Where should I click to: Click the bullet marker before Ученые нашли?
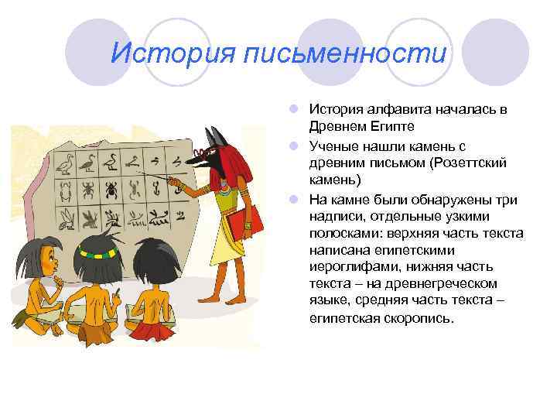[298, 145]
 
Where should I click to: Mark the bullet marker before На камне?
[298, 198]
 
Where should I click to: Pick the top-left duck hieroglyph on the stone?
[67, 163]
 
